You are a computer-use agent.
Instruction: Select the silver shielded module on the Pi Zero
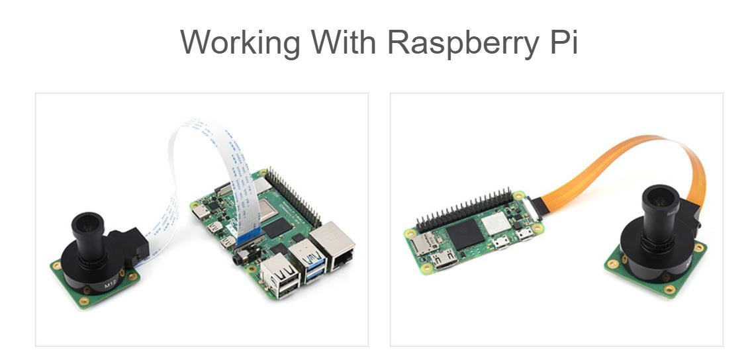tap(493, 226)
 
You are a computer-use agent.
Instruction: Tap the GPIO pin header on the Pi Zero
tap(463, 205)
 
